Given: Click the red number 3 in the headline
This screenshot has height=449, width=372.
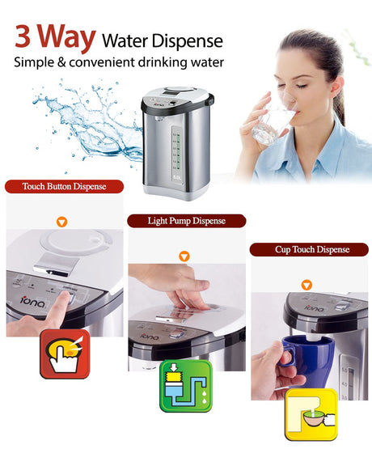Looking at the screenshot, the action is (23, 36).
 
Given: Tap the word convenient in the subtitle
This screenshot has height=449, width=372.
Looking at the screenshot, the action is (102, 62).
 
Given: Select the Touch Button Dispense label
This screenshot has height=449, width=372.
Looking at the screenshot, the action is (65, 186).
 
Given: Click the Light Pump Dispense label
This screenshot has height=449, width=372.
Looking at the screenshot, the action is (187, 221).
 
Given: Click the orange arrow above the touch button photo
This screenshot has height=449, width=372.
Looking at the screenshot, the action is (61, 222).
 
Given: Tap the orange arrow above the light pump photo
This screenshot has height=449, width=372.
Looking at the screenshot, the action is (184, 256).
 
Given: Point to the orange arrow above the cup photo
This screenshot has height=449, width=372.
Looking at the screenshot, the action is (306, 285).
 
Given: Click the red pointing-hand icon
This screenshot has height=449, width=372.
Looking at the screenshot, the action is (65, 354).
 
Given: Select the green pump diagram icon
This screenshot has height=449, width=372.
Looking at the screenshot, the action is (186, 386).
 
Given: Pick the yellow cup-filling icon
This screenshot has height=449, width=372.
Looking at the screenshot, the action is (311, 414).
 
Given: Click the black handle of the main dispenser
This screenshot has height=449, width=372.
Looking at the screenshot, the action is (211, 99).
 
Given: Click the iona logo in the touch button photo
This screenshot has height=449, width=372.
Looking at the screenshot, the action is (33, 302).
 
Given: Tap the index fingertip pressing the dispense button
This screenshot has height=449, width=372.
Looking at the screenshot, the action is (66, 296).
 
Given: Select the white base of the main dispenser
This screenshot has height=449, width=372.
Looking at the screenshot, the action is (176, 192).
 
